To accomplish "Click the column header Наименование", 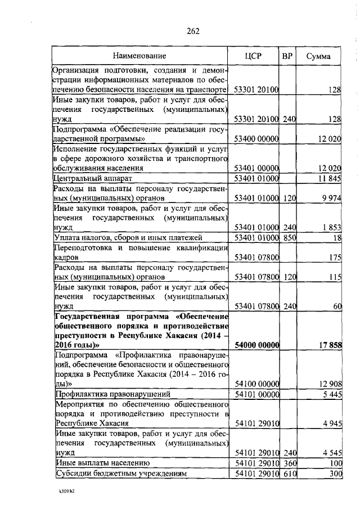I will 139,56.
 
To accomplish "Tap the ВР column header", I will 289,56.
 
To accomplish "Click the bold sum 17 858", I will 330,344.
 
